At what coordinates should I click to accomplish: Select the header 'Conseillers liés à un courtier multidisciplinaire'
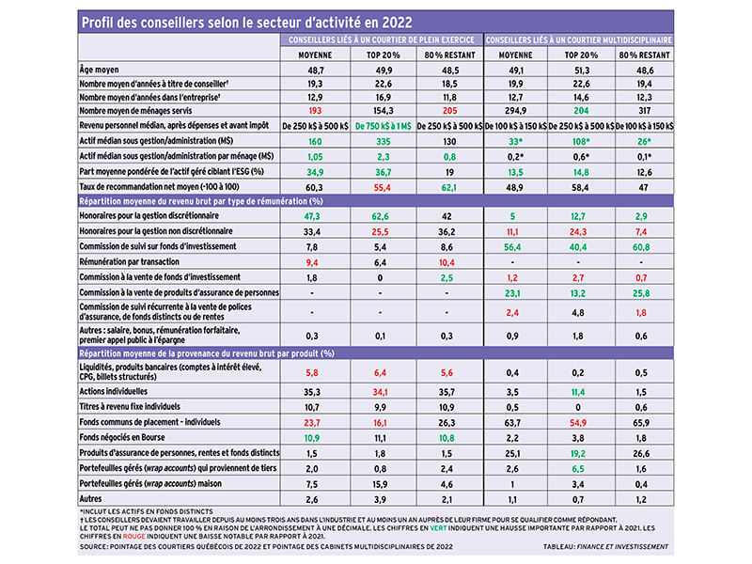[578, 40]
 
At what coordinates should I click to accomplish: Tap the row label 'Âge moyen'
[100, 70]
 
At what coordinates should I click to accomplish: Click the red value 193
[315, 111]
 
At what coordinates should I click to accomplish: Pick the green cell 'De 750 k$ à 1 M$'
[384, 126]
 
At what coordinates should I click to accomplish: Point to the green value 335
[384, 142]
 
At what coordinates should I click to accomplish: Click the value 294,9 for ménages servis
[515, 111]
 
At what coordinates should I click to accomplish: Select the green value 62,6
[381, 216]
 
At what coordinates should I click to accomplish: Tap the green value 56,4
[512, 247]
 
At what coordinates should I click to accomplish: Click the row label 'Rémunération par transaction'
[130, 262]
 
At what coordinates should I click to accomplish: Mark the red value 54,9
[578, 423]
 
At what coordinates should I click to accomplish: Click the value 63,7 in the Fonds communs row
[512, 423]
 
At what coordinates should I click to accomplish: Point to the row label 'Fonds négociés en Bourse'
[122, 437]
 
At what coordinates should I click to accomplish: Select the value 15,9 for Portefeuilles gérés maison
[381, 484]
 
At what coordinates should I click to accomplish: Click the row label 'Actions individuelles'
[114, 391]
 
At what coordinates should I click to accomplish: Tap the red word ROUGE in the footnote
[133, 536]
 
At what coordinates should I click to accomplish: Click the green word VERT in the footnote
[438, 528]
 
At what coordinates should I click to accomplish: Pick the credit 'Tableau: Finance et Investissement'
[605, 547]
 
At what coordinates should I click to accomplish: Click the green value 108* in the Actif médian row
[580, 142]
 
